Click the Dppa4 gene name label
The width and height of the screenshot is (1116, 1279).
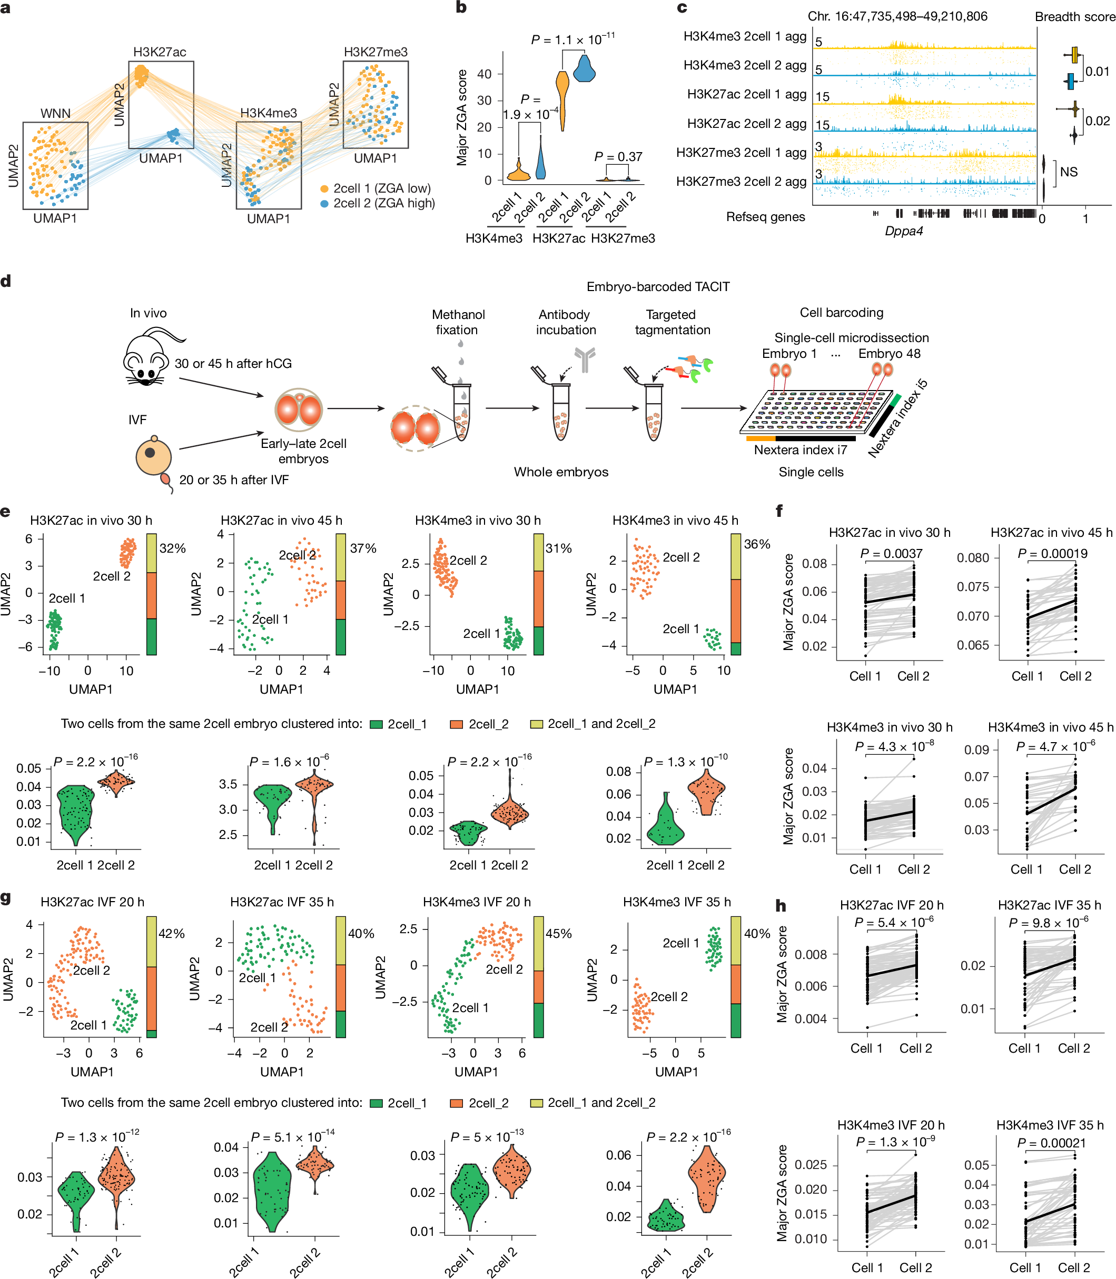pos(903,231)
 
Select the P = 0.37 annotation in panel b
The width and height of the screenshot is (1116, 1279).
pos(618,157)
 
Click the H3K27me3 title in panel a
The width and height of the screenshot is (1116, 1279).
pos(376,52)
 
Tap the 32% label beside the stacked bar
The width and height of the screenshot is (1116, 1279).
pos(173,548)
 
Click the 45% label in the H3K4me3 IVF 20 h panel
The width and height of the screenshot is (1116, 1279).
pos(559,934)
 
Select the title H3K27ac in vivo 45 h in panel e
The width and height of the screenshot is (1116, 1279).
pos(281,521)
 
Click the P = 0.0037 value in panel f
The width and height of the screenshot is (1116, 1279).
pos(891,553)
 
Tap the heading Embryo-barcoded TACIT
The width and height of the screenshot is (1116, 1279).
pos(658,287)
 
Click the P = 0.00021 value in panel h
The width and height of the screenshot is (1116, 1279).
pos(1051,1143)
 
